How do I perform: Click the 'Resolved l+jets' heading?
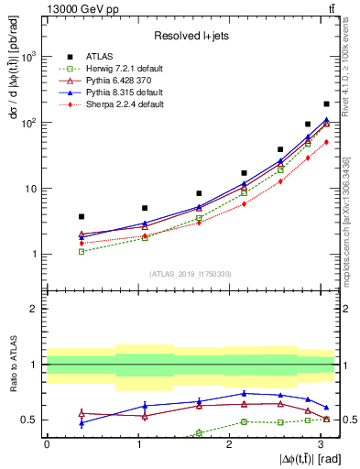tap(191, 36)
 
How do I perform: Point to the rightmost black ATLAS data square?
tap(326, 104)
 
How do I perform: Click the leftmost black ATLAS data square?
tap(82, 216)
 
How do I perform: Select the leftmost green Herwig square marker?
tap(82, 251)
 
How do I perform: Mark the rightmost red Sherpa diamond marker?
tap(326, 141)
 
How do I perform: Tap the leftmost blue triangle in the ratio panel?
tap(82, 422)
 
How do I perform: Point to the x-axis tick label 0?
tap(47, 444)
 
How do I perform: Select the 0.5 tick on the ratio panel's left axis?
tap(31, 420)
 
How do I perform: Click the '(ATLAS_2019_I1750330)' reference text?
tap(190, 274)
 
